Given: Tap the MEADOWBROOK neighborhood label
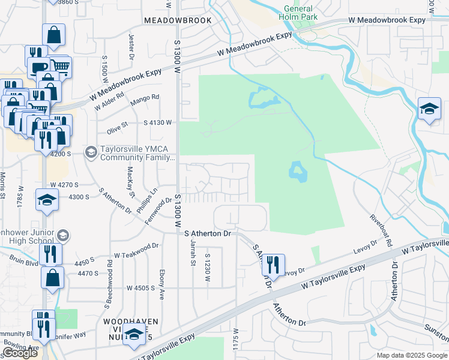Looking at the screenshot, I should tap(178, 20).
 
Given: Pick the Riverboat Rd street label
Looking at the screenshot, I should tap(381, 231).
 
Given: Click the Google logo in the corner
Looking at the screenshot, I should tap(19, 353).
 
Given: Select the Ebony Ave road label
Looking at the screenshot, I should tap(162, 280).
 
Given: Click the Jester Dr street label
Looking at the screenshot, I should tap(130, 43).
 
